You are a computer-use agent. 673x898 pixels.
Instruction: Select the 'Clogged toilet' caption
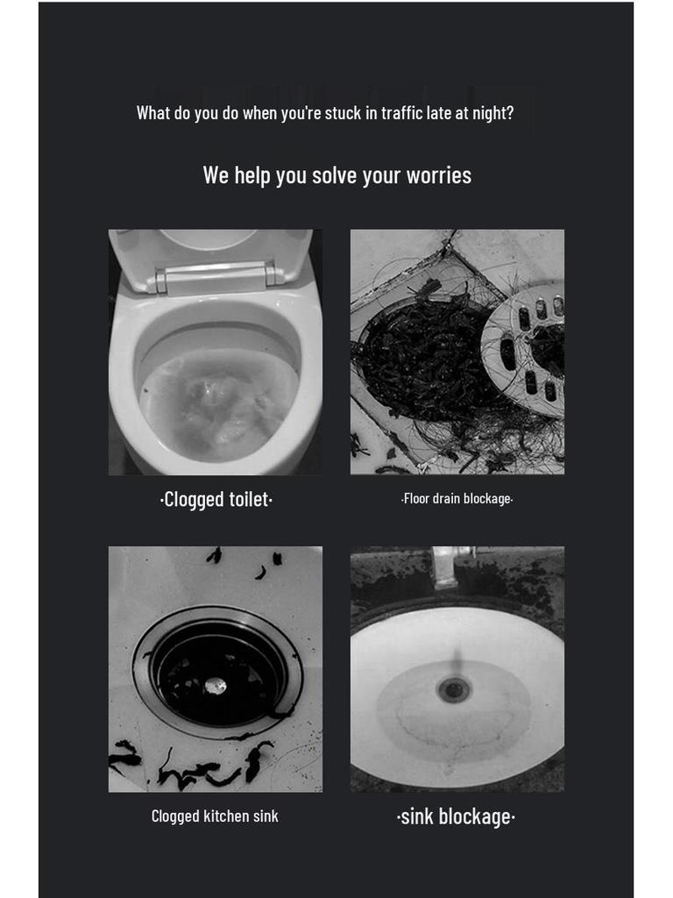pos(216,500)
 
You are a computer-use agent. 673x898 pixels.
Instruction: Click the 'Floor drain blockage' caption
pos(457,499)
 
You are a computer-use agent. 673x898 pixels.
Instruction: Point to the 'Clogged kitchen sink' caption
pos(215,816)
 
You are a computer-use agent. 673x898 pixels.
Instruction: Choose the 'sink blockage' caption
pos(456,817)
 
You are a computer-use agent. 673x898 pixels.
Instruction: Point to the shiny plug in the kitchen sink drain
pos(216,686)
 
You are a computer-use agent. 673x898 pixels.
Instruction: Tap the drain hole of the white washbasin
pos(454,689)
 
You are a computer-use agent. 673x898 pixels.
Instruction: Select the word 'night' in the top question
pos(492,113)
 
